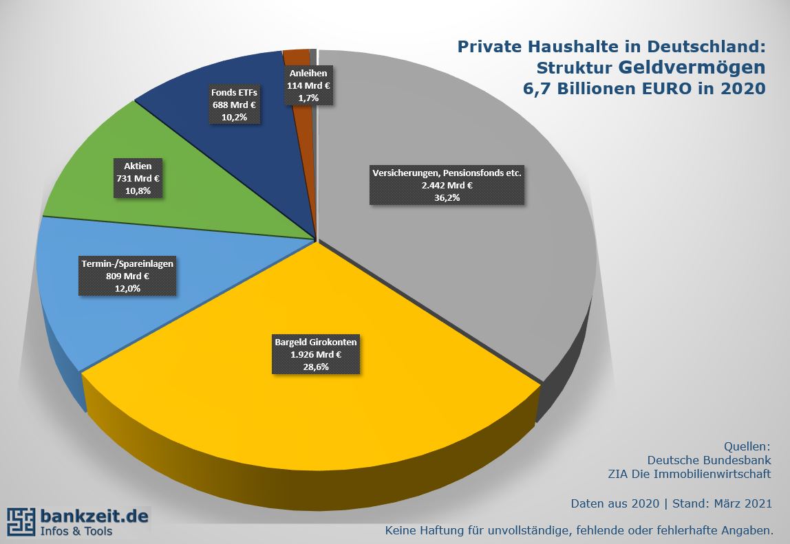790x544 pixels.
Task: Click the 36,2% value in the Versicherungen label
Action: (x=446, y=198)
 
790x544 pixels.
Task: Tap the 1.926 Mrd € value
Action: (x=316, y=354)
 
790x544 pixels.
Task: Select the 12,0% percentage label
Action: (x=128, y=289)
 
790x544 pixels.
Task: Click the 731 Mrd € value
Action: (x=138, y=179)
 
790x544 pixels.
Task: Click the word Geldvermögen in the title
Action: (x=692, y=67)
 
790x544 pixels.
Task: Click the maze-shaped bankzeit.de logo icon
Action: (x=21, y=522)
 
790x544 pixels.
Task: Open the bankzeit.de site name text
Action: (x=94, y=515)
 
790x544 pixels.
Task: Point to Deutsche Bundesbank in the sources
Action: (x=709, y=459)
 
